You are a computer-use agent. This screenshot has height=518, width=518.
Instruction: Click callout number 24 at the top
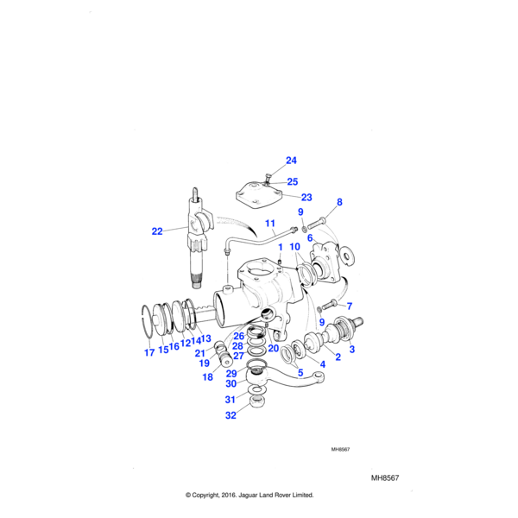(x=291, y=161)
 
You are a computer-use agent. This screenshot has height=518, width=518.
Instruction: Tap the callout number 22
(x=156, y=231)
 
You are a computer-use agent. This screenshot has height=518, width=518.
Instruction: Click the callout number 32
(x=231, y=414)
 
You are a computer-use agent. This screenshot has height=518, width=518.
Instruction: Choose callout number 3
(x=351, y=350)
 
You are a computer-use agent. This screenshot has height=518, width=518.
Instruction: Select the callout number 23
(x=306, y=197)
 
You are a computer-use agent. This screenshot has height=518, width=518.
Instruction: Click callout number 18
(x=207, y=377)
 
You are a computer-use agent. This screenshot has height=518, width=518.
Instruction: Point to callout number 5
(x=300, y=373)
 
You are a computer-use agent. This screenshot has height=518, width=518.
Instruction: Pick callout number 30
(x=231, y=384)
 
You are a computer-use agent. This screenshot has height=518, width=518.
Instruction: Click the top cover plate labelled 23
(x=260, y=194)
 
